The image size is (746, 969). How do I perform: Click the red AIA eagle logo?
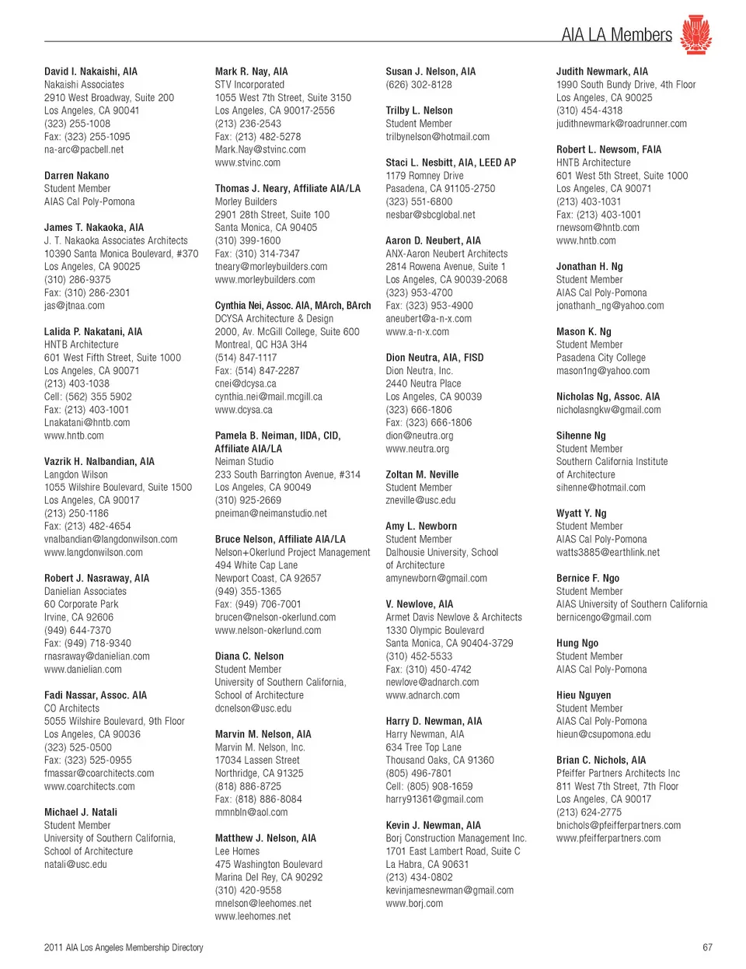tap(695, 34)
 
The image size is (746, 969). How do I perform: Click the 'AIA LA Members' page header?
tap(616, 35)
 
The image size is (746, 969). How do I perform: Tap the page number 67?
tap(707, 947)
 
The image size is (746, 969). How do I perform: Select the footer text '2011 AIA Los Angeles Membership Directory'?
tap(124, 947)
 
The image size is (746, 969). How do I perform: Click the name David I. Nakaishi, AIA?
tap(91, 72)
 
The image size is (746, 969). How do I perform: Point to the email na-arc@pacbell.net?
tap(84, 149)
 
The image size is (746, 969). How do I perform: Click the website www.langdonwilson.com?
tap(93, 552)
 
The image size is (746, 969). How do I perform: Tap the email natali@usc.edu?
tap(75, 864)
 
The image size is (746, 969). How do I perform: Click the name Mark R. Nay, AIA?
tap(251, 72)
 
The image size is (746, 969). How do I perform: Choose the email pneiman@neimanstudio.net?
tap(271, 513)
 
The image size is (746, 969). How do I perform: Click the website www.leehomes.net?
tap(253, 916)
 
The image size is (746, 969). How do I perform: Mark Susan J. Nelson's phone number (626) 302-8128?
tap(419, 85)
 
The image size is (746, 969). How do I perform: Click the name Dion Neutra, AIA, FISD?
tap(434, 358)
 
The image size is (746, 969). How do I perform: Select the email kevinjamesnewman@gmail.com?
tap(450, 890)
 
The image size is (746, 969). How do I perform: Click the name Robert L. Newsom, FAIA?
tap(608, 149)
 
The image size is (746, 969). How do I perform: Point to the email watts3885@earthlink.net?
tap(608, 552)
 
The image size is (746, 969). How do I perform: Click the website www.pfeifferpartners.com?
tap(608, 838)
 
